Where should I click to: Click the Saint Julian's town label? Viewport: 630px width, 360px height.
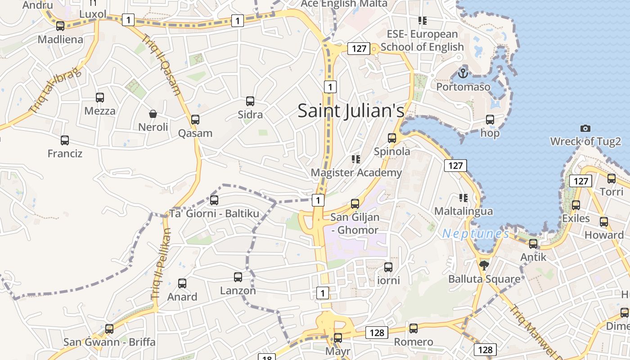(351, 111)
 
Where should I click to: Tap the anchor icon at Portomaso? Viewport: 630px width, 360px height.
(463, 72)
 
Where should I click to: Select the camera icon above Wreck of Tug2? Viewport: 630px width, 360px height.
(585, 128)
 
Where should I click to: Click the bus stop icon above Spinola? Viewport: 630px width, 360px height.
(392, 138)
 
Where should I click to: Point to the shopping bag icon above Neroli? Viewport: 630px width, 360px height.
(153, 113)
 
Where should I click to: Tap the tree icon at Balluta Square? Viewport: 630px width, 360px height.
(484, 265)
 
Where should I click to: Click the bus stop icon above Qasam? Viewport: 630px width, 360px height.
(195, 119)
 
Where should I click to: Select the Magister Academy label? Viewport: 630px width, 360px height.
(356, 172)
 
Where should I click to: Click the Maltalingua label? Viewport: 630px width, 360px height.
(463, 211)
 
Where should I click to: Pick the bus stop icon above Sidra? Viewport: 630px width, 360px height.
(250, 101)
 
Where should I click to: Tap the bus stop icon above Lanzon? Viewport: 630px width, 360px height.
(238, 277)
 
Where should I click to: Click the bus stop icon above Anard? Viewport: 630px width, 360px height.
(182, 283)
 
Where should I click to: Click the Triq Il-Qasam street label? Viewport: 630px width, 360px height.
(162, 65)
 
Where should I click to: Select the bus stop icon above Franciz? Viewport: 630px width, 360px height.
(65, 140)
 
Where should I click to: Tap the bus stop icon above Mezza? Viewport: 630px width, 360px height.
(100, 97)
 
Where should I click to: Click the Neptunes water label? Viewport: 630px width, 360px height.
(476, 234)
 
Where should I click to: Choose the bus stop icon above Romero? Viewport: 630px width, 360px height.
(414, 328)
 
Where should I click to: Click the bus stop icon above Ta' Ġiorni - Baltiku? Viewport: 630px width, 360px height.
(214, 200)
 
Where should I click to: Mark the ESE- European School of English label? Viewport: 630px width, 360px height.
(422, 40)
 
